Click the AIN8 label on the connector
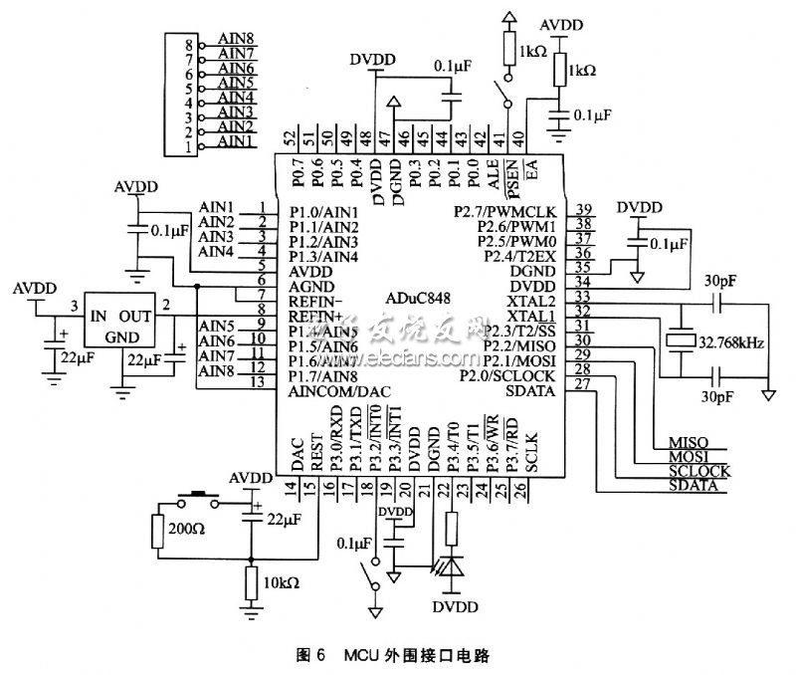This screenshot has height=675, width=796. click(236, 45)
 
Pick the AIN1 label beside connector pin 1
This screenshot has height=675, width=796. click(236, 142)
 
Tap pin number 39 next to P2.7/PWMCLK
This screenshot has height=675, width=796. click(583, 208)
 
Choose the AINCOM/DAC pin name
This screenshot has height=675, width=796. click(336, 393)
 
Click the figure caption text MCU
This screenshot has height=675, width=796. click(362, 657)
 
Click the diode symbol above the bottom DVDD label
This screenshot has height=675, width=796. click(454, 568)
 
